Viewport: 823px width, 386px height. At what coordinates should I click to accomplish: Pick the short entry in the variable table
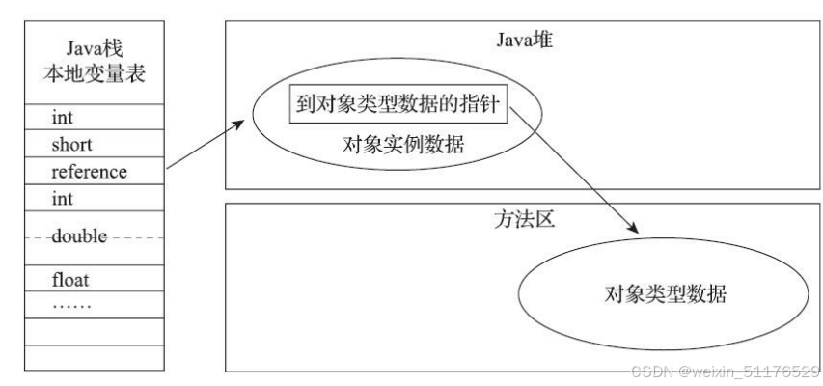(x=70, y=144)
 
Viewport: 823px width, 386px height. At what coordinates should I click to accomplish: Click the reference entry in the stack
(x=89, y=171)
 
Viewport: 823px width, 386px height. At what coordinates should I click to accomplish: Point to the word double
(x=79, y=235)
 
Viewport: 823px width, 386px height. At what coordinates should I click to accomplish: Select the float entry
(x=70, y=281)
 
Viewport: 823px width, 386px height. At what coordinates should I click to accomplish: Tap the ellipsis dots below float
(x=72, y=304)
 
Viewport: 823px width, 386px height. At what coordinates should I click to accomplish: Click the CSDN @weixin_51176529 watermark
(x=724, y=372)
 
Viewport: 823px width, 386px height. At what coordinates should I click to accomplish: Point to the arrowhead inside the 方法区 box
(x=634, y=228)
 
